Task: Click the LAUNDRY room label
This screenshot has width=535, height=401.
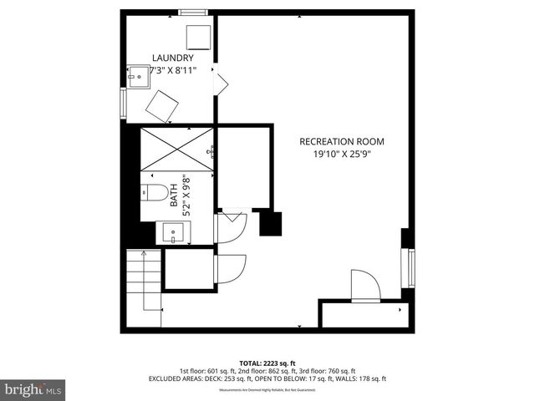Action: click(x=173, y=58)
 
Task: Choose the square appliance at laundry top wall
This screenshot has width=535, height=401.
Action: click(x=197, y=37)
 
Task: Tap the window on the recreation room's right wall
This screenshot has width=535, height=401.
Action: click(x=410, y=268)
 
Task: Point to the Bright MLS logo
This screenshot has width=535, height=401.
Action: click(x=33, y=390)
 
